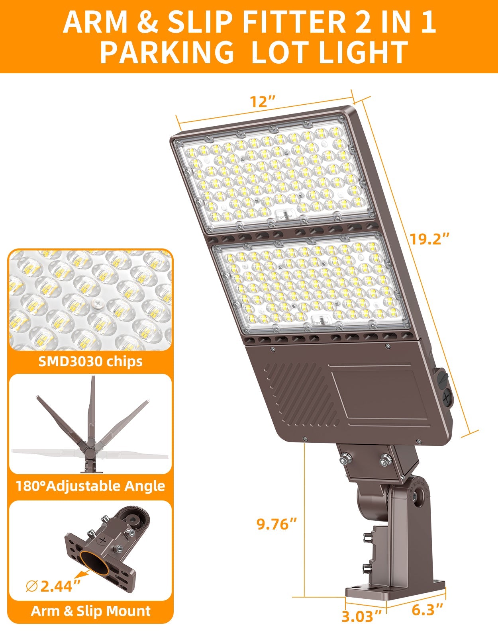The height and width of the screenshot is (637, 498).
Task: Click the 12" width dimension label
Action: click(x=263, y=102)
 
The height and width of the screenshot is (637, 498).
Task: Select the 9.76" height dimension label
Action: click(x=277, y=524)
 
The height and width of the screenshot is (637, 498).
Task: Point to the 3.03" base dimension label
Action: click(x=362, y=616)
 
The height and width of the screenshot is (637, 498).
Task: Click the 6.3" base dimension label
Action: click(x=427, y=609)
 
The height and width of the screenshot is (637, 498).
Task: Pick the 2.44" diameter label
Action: click(x=60, y=586)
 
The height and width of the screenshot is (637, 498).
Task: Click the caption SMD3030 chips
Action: click(x=90, y=361)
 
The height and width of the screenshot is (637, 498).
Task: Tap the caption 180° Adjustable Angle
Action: click(x=90, y=486)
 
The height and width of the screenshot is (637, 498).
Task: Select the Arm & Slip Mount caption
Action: click(x=90, y=611)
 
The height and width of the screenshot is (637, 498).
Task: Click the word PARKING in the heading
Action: click(x=167, y=53)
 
